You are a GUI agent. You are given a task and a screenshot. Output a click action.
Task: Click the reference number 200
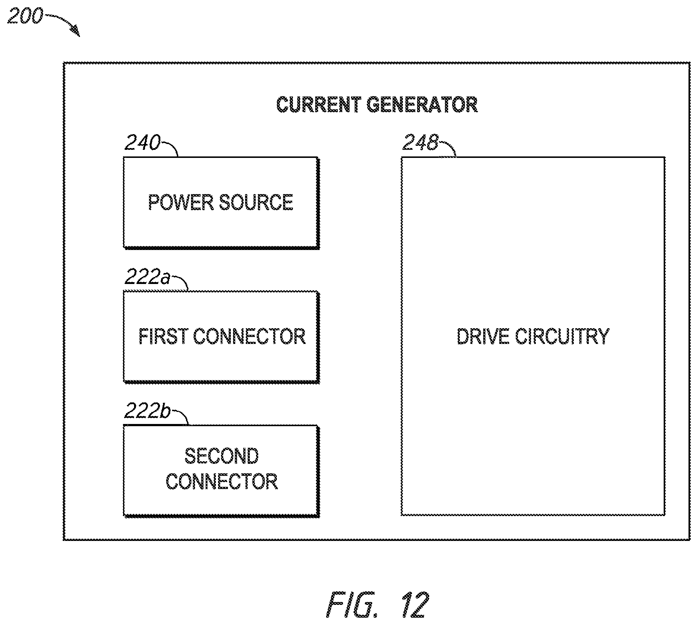point(25,16)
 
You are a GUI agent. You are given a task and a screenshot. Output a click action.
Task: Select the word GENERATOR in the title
point(422,105)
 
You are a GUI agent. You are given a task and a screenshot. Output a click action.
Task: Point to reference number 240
point(142,143)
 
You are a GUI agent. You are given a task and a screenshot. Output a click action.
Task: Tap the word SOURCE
point(256,202)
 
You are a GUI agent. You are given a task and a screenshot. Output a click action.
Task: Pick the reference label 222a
point(148,277)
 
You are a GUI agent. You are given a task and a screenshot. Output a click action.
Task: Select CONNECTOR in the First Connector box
point(249,336)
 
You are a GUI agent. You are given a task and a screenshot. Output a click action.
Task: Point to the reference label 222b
point(148,411)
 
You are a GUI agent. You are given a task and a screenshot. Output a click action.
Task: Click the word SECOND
point(222,456)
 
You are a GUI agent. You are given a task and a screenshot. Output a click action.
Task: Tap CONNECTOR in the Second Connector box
point(222,481)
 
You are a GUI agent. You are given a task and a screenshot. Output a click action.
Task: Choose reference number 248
point(420,143)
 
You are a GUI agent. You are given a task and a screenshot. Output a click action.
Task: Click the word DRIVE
point(483,336)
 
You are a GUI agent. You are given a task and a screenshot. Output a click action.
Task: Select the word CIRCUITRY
point(562,336)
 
